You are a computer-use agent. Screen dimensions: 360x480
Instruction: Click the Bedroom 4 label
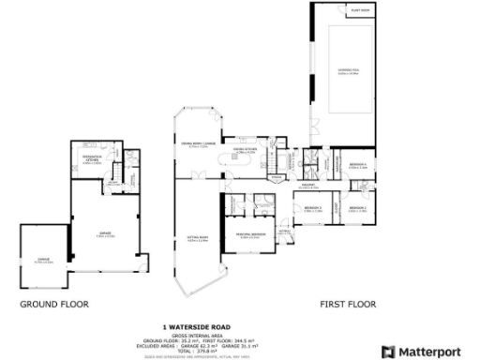click(x=357, y=166)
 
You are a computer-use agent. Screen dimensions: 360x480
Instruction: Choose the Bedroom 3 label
click(x=312, y=208)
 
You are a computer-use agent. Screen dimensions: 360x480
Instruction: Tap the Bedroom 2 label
click(x=357, y=208)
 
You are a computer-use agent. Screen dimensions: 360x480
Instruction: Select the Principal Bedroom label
click(x=250, y=235)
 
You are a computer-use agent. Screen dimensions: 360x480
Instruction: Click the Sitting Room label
click(x=197, y=239)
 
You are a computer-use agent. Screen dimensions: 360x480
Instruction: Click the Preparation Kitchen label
click(x=93, y=160)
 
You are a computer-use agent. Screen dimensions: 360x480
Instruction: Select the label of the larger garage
click(x=105, y=234)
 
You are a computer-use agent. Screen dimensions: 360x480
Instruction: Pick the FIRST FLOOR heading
click(x=349, y=305)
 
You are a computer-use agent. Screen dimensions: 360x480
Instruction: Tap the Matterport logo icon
click(x=390, y=350)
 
